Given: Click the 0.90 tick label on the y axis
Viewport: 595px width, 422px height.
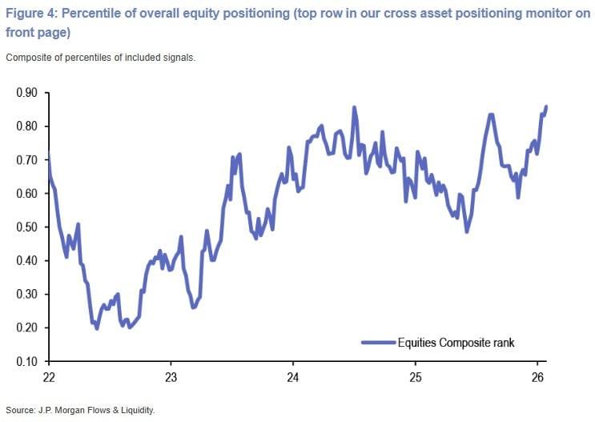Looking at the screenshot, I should click(x=26, y=93).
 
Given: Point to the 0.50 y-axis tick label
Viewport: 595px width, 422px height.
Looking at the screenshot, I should click(x=26, y=227).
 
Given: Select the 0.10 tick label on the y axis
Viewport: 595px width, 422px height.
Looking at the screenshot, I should click(x=26, y=361).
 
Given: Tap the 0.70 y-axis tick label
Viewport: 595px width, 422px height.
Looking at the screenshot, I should click(x=26, y=160).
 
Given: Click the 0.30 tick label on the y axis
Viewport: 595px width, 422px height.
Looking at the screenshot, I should click(x=26, y=294).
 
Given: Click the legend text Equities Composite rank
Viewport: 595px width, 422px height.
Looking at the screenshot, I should click(x=456, y=343).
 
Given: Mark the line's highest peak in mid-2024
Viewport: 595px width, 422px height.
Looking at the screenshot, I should click(x=354, y=107).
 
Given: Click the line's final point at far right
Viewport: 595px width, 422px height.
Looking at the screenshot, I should click(x=546, y=107).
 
